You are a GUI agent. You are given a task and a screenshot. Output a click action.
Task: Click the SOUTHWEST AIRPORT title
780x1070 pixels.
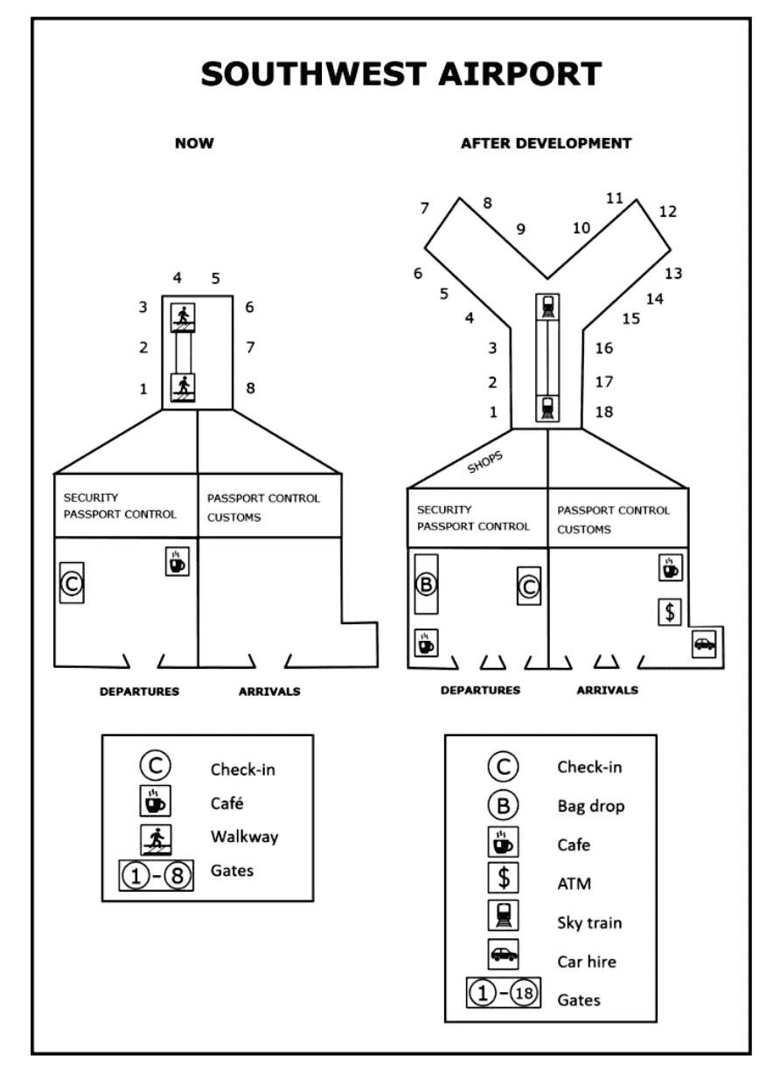tap(400, 73)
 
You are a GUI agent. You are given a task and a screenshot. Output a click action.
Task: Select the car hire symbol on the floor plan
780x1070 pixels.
tap(703, 644)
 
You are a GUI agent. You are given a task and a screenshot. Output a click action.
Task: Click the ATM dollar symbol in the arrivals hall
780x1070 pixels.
tap(670, 611)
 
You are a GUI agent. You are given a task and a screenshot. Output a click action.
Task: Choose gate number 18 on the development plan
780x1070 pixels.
tap(602, 412)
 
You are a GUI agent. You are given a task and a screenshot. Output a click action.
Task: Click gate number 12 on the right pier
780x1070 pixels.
tap(668, 212)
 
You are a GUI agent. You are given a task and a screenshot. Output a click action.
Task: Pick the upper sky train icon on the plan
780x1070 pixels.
tap(547, 306)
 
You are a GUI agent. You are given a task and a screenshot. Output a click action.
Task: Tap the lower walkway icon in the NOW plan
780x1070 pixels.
tap(184, 386)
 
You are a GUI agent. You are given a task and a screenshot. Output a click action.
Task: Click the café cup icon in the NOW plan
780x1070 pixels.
tap(178, 561)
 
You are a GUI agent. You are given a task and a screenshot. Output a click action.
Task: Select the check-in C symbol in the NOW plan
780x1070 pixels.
tap(71, 581)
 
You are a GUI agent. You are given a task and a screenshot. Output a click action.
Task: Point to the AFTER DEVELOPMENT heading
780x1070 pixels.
tap(546, 143)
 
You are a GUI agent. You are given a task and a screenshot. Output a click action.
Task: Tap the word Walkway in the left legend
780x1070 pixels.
tap(244, 837)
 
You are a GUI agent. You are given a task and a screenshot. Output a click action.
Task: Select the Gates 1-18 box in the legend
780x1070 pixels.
tap(503, 997)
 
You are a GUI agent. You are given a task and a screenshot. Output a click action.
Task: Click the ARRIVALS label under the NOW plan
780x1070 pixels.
tap(269, 691)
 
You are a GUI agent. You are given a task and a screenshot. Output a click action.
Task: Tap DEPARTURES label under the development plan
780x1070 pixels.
tap(480, 690)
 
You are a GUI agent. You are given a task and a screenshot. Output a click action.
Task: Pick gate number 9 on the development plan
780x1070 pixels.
tap(520, 230)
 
